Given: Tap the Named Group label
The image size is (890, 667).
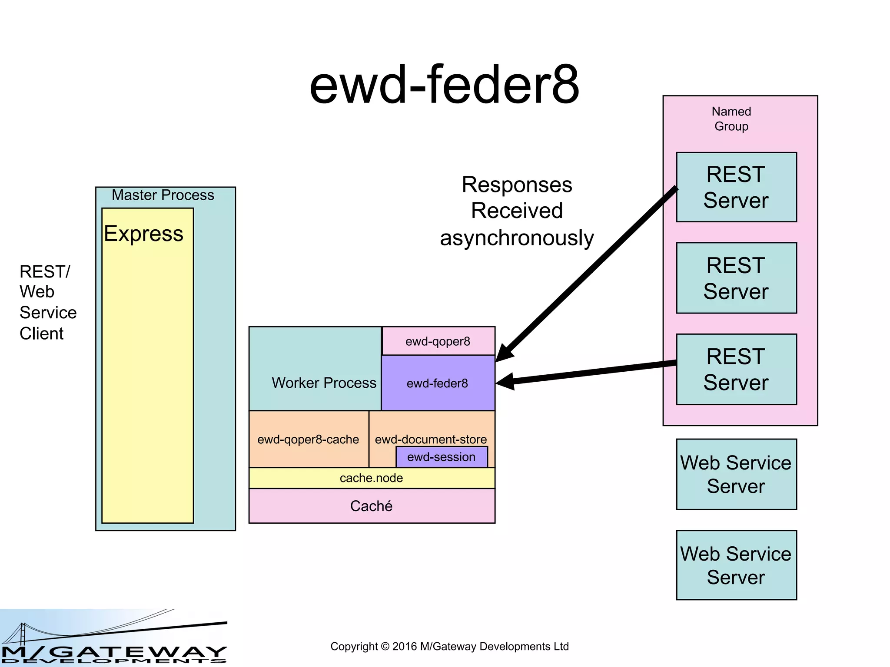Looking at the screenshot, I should pyautogui.click(x=731, y=119).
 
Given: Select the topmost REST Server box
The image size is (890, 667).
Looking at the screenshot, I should pyautogui.click(x=736, y=187).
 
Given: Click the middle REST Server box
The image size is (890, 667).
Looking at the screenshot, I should pyautogui.click(x=736, y=278).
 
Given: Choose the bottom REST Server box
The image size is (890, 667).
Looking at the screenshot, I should pyautogui.click(x=736, y=369).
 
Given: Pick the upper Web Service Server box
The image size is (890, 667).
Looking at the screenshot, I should pyautogui.click(x=736, y=474).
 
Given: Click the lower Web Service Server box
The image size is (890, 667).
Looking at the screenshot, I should pyautogui.click(x=736, y=565).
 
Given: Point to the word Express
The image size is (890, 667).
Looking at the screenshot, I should pyautogui.click(x=143, y=234).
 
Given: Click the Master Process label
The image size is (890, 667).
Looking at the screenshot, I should pyautogui.click(x=163, y=195).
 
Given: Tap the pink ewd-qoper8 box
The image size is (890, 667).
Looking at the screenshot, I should pyautogui.click(x=438, y=341).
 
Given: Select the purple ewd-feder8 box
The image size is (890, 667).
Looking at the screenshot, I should pyautogui.click(x=438, y=383).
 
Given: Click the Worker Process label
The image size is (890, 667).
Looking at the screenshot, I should pyautogui.click(x=324, y=383).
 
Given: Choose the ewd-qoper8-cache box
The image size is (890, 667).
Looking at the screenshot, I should pyautogui.click(x=308, y=439).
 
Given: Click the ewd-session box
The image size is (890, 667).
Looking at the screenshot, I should pyautogui.click(x=442, y=457).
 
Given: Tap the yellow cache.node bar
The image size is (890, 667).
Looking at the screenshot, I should pyautogui.click(x=372, y=478).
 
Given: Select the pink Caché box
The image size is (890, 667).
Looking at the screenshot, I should pyautogui.click(x=372, y=506).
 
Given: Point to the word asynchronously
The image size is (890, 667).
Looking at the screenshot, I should pyautogui.click(x=517, y=238).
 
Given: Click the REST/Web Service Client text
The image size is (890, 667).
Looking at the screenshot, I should pyautogui.click(x=48, y=303).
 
